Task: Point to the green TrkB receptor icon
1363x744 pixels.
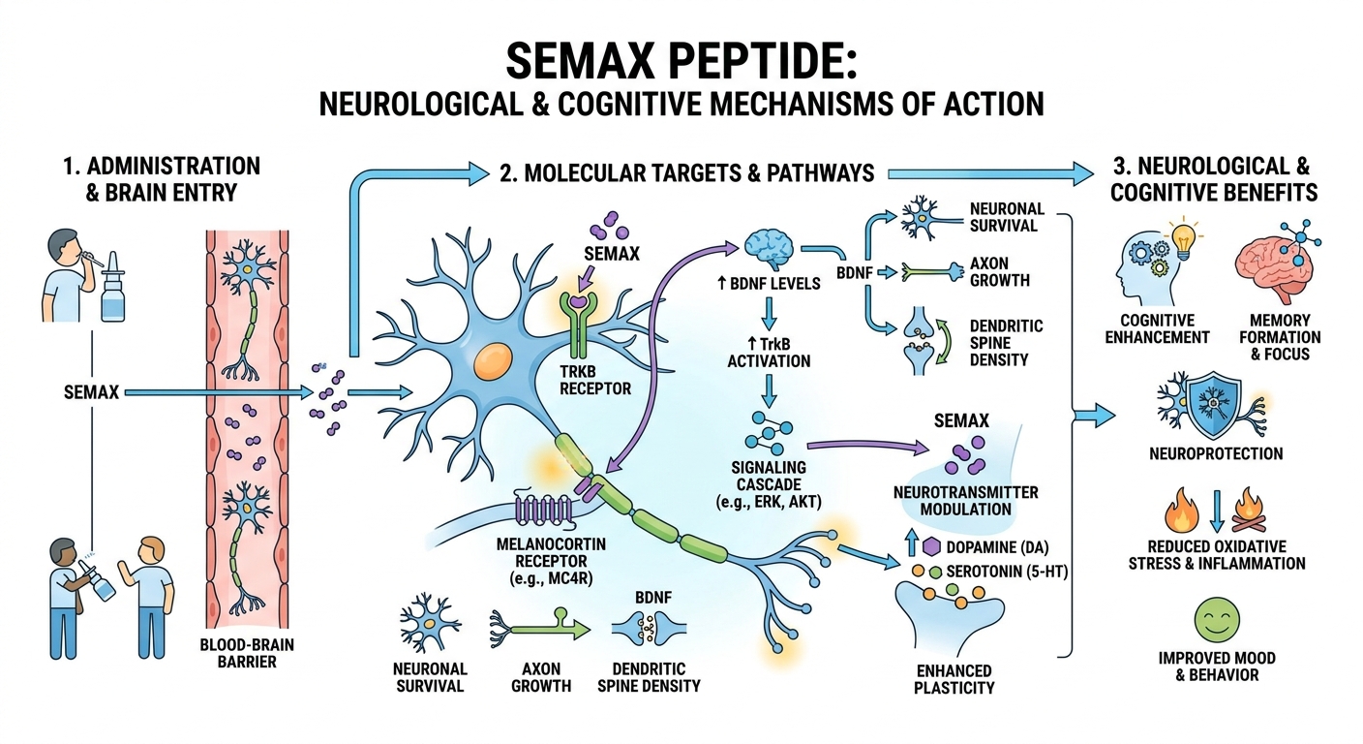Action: (577, 334)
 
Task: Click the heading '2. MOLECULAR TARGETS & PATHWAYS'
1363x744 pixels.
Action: (687, 173)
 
